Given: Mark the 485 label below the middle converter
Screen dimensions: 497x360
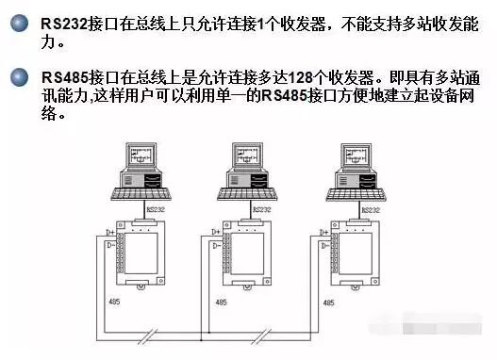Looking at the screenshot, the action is pos(220,303).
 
